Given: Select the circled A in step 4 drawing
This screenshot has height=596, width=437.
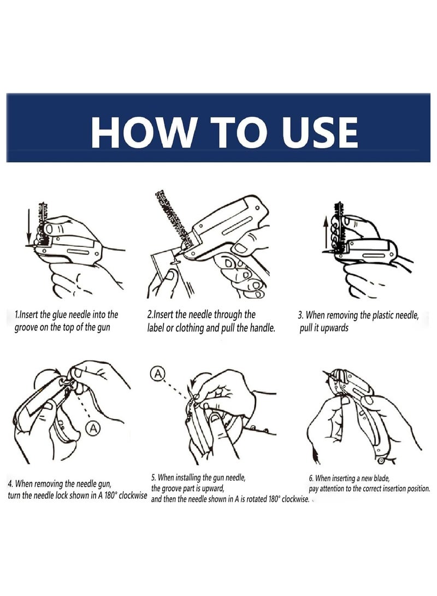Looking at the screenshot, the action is (92, 428).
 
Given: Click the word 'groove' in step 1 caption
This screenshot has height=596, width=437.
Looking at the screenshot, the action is (26, 328).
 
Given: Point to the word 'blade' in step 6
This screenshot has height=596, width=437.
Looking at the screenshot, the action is (381, 478).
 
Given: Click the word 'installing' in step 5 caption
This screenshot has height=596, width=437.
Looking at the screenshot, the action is (187, 478).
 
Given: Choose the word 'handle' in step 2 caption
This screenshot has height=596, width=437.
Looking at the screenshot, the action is (262, 328).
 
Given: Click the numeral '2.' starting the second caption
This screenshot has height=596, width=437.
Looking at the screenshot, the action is (149, 315).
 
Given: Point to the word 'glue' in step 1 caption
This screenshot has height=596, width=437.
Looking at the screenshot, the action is (60, 315).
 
